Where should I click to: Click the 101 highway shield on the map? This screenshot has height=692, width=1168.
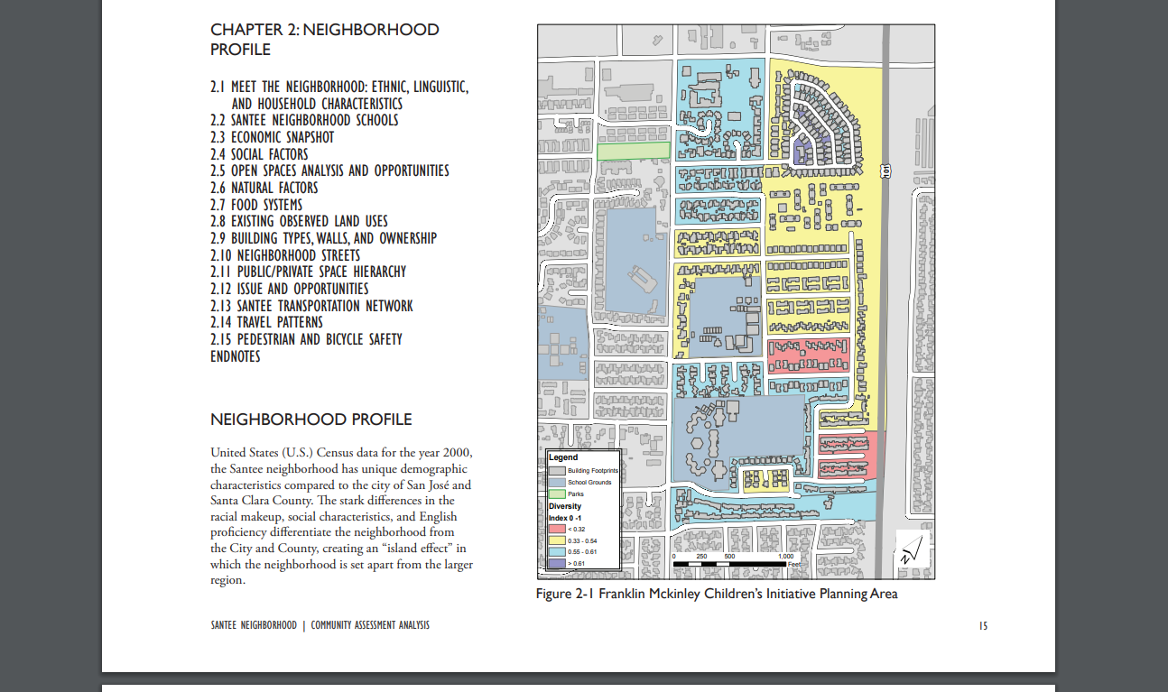885,171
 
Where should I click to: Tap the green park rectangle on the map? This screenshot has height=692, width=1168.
634,151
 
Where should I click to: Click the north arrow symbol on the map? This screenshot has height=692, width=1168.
913,549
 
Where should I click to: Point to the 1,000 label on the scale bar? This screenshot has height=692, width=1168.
786,556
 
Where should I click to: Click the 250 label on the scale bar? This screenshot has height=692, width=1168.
702,556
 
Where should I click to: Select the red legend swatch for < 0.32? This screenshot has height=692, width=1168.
557,529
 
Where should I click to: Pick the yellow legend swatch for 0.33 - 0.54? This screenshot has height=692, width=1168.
557,540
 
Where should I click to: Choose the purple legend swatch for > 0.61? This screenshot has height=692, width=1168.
557,563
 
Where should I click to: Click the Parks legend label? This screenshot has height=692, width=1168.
576,494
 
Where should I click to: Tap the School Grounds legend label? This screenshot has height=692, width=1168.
589,483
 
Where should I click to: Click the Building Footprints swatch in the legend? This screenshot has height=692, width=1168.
557,471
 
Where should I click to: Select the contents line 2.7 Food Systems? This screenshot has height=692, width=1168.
256,205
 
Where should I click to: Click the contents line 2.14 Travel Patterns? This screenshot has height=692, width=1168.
266,322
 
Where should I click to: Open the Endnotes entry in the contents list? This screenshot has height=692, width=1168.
236,356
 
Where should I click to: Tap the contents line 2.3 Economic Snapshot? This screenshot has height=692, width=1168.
273,137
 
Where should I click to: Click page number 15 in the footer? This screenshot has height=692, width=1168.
983,626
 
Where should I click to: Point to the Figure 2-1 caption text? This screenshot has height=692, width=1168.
717,594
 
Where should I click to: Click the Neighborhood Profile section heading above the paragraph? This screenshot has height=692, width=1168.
311,420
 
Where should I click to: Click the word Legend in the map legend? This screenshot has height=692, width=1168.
563,457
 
